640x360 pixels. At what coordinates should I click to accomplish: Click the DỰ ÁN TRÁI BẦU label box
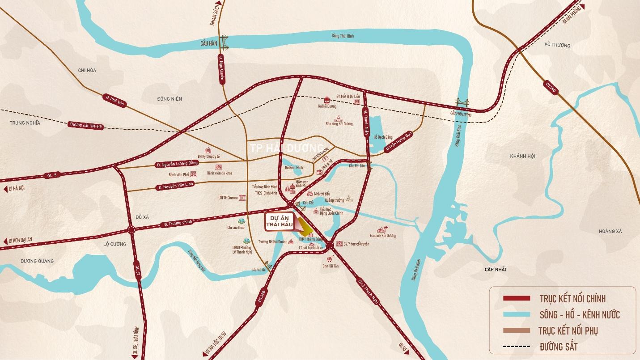[x=280, y=221]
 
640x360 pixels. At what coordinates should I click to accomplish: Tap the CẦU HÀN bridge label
[x=209, y=44]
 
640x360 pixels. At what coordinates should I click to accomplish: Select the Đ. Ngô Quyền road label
[x=221, y=69]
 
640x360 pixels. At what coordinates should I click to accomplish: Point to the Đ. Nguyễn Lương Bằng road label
[x=177, y=164]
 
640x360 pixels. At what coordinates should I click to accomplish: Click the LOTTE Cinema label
[x=228, y=198]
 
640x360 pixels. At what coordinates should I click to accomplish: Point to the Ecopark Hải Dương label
[x=382, y=235]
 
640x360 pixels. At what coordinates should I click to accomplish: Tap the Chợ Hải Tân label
[x=331, y=266]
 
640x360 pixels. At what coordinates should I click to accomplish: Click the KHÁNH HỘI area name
[x=522, y=156]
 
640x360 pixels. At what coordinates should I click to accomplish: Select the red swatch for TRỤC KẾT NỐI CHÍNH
[x=517, y=298]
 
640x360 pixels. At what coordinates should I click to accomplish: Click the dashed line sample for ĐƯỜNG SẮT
[x=517, y=347]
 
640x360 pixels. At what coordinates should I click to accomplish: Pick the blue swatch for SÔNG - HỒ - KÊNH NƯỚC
[x=517, y=314]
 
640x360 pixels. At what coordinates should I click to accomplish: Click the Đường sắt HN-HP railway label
[x=86, y=126]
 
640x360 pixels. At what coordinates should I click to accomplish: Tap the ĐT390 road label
[x=551, y=88]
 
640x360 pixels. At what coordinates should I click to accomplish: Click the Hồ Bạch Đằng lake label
[x=383, y=137]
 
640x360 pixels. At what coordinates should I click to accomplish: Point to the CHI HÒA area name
[x=87, y=70]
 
